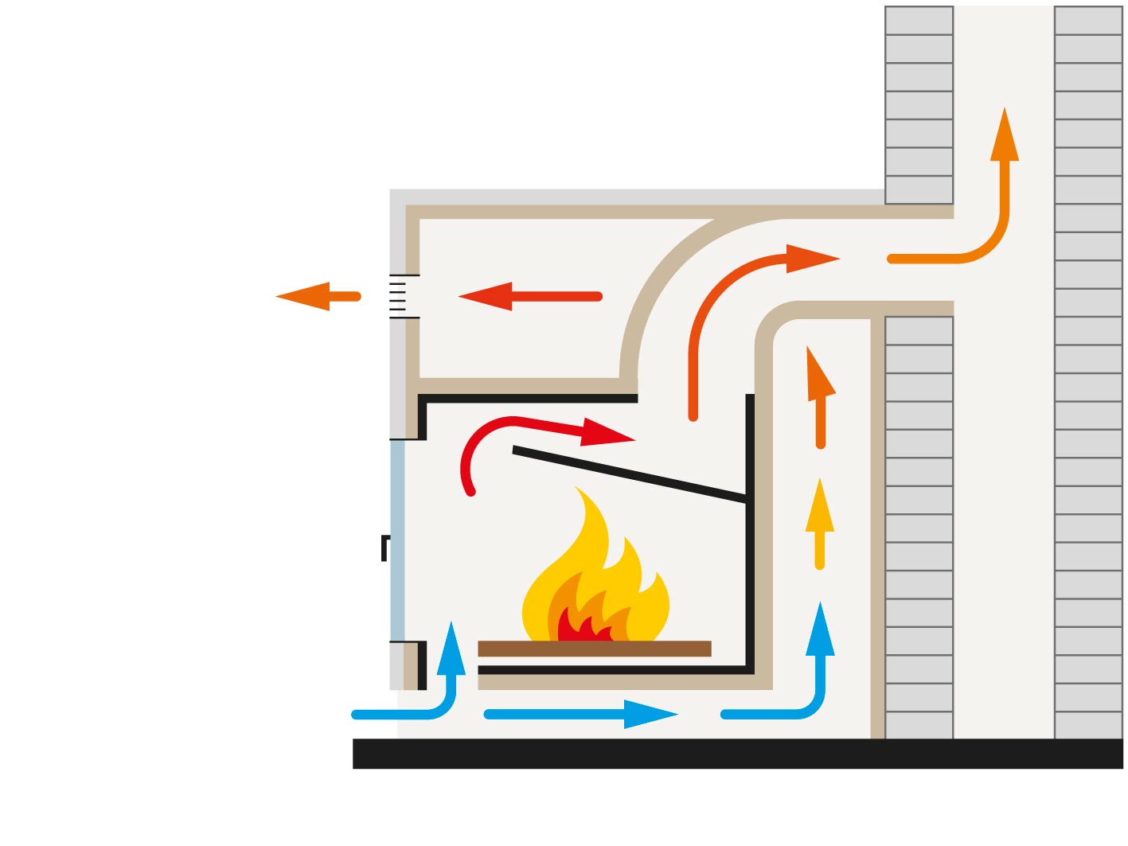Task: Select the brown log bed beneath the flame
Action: [594, 649]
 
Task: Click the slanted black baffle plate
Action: [629, 475]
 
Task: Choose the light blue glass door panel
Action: [397, 541]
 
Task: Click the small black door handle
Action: [385, 548]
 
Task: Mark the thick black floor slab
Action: [737, 753]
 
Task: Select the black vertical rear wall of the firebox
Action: [750, 557]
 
